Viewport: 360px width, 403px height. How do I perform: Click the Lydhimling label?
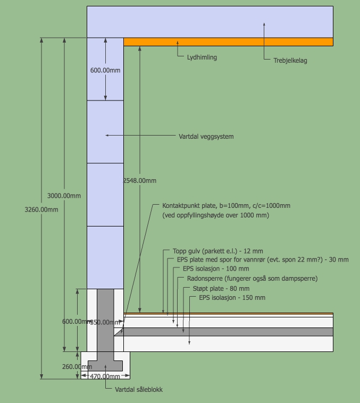click(x=202, y=57)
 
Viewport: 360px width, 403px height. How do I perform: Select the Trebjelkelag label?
click(x=290, y=61)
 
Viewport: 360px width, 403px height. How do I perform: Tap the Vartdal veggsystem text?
click(x=206, y=137)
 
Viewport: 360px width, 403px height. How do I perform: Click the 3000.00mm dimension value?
click(x=64, y=196)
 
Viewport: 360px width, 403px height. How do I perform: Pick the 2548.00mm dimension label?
click(x=140, y=181)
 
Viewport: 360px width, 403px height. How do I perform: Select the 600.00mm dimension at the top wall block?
click(x=105, y=70)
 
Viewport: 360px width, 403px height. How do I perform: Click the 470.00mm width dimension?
click(x=105, y=376)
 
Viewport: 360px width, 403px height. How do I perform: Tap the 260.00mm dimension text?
click(x=78, y=367)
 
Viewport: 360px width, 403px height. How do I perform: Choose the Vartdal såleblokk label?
click(x=139, y=390)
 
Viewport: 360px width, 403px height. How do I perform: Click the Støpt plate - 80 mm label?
click(x=217, y=289)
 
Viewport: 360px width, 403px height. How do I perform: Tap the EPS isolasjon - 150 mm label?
click(x=232, y=298)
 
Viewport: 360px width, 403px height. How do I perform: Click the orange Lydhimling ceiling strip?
click(x=229, y=41)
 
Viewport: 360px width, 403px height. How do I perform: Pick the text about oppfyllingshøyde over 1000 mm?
click(x=215, y=215)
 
